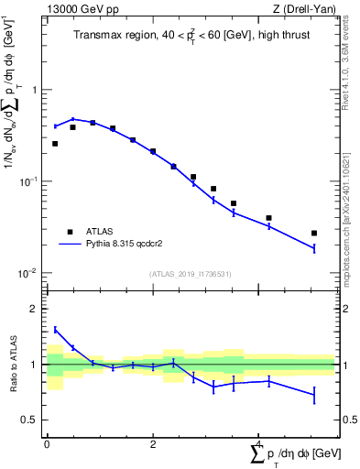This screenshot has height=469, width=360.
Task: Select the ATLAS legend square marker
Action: click(69, 232)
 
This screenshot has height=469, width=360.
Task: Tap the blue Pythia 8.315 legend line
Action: click(69, 245)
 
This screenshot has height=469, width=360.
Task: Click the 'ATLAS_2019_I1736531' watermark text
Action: click(191, 274)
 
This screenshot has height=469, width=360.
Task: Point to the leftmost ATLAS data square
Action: click(55, 144)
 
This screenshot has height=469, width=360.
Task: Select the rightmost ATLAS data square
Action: click(314, 234)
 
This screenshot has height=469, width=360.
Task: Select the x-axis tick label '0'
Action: click(47, 443)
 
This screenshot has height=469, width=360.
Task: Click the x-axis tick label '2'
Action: click(153, 443)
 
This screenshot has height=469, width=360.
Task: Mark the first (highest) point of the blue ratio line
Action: click(55, 330)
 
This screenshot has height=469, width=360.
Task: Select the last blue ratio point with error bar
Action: click(314, 395)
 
